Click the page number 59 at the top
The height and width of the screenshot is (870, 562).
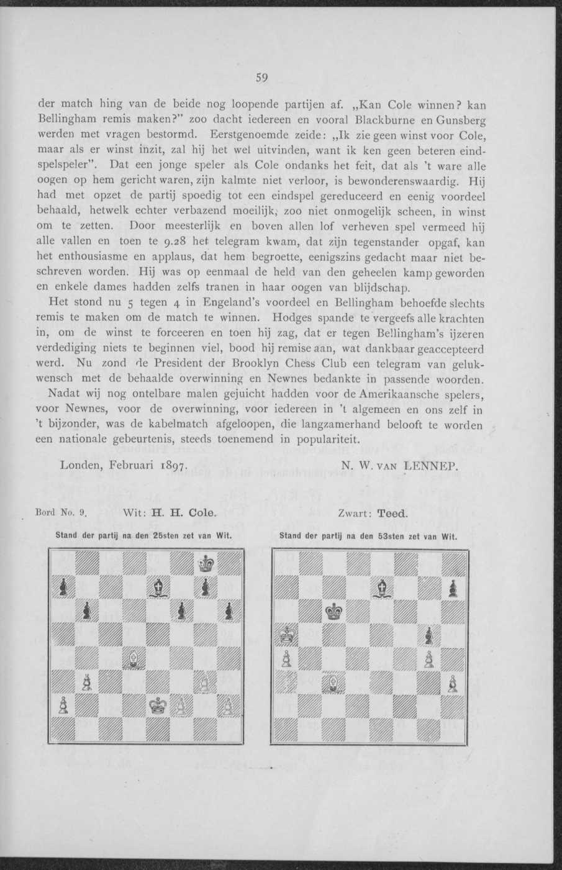coord(261,78)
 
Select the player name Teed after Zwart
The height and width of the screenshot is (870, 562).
coord(391,514)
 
